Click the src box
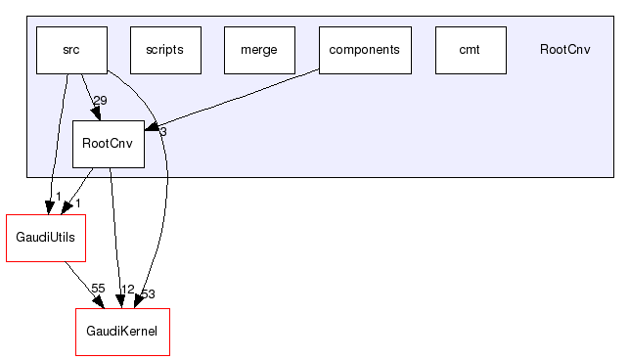71,50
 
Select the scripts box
164,50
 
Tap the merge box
259,50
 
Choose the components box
364,50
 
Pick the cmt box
470,50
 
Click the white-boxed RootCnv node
109,143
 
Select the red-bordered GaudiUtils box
45,237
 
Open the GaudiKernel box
122,332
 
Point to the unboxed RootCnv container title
564,50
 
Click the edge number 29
100,101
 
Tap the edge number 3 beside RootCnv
163,131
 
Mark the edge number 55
98,289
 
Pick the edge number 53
148,293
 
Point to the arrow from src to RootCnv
90,96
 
